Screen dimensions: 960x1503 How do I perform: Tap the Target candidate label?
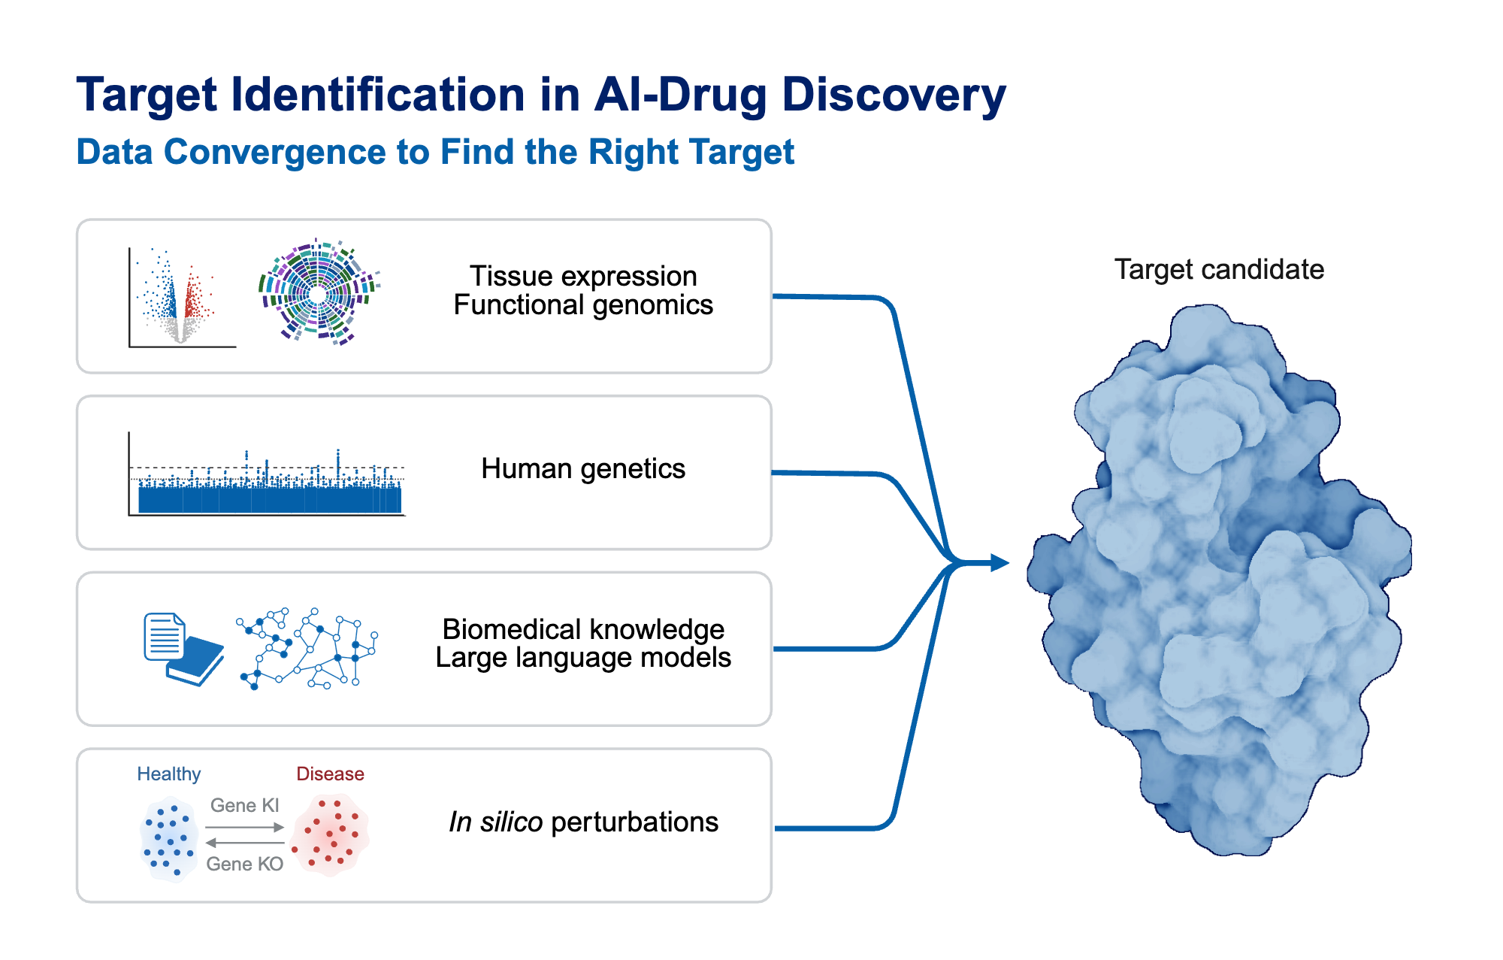(x=1218, y=269)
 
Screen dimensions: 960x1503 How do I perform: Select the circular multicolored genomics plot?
(x=319, y=292)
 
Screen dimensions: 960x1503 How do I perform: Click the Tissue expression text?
(x=583, y=276)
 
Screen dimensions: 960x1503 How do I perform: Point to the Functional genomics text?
(x=583, y=305)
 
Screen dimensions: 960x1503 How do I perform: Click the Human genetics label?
(x=583, y=468)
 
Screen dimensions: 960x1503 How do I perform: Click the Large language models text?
(x=583, y=658)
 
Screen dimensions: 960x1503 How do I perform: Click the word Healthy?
(x=168, y=774)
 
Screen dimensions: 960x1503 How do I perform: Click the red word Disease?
(x=330, y=774)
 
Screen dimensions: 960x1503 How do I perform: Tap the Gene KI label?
(x=244, y=805)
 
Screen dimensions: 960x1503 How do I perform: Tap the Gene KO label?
(x=244, y=864)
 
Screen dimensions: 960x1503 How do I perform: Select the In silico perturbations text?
(x=583, y=822)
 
